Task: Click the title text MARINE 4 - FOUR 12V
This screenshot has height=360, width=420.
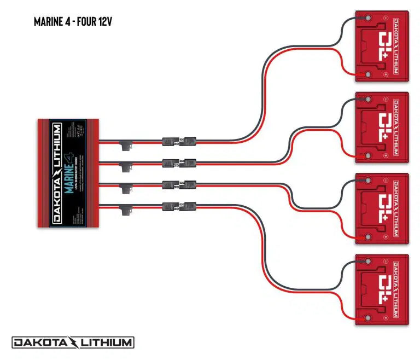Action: pos(73,22)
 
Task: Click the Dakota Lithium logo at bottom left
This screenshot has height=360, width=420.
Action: pos(73,343)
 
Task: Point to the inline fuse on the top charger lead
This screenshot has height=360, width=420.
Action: pos(124,145)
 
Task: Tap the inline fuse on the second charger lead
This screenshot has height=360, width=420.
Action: pos(124,165)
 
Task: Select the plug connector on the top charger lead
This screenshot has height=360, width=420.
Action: pos(179,141)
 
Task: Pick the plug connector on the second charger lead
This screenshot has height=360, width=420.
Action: pos(179,162)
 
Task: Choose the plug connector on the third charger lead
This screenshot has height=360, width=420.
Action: pos(179,184)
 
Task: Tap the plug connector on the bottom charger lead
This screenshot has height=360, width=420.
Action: pos(179,206)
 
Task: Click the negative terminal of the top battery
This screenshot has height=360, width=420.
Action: pos(367,19)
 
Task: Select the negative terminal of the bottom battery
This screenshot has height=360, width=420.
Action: pos(367,263)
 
